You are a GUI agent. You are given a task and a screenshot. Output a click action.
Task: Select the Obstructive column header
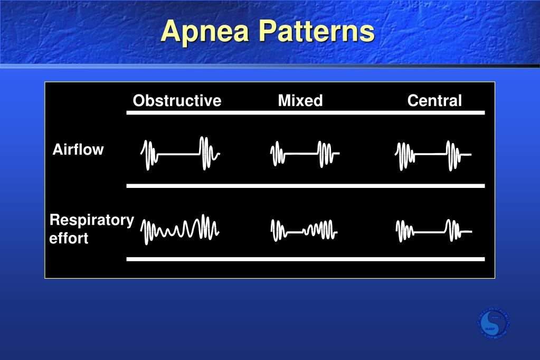click(x=177, y=101)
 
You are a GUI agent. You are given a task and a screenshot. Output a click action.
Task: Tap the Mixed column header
click(x=300, y=101)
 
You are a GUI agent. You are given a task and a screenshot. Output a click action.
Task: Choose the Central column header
click(x=434, y=101)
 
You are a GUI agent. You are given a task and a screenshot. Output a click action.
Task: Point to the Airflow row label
click(x=78, y=150)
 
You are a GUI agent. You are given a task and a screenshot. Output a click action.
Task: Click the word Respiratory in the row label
click(x=91, y=220)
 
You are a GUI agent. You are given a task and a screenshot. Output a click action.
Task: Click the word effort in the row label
click(x=69, y=238)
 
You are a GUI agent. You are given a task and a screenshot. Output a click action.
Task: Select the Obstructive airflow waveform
click(x=180, y=154)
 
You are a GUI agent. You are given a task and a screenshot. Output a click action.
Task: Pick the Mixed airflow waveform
click(x=304, y=154)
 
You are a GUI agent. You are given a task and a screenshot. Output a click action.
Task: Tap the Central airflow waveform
click(x=433, y=155)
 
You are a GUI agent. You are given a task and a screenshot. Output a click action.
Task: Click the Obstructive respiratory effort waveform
click(x=180, y=231)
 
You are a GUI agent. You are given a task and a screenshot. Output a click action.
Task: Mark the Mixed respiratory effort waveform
click(x=304, y=231)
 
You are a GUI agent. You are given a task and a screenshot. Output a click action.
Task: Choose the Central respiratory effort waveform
click(x=433, y=231)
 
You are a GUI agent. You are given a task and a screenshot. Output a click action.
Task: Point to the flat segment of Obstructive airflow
click(x=178, y=155)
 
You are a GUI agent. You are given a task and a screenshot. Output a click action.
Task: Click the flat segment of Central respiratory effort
click(x=430, y=232)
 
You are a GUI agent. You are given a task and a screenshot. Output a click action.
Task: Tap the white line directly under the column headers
click(x=305, y=112)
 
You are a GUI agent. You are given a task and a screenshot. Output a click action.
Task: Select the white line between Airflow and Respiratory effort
click(x=305, y=186)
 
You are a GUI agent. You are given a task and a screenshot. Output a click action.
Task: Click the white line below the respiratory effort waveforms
click(x=305, y=259)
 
